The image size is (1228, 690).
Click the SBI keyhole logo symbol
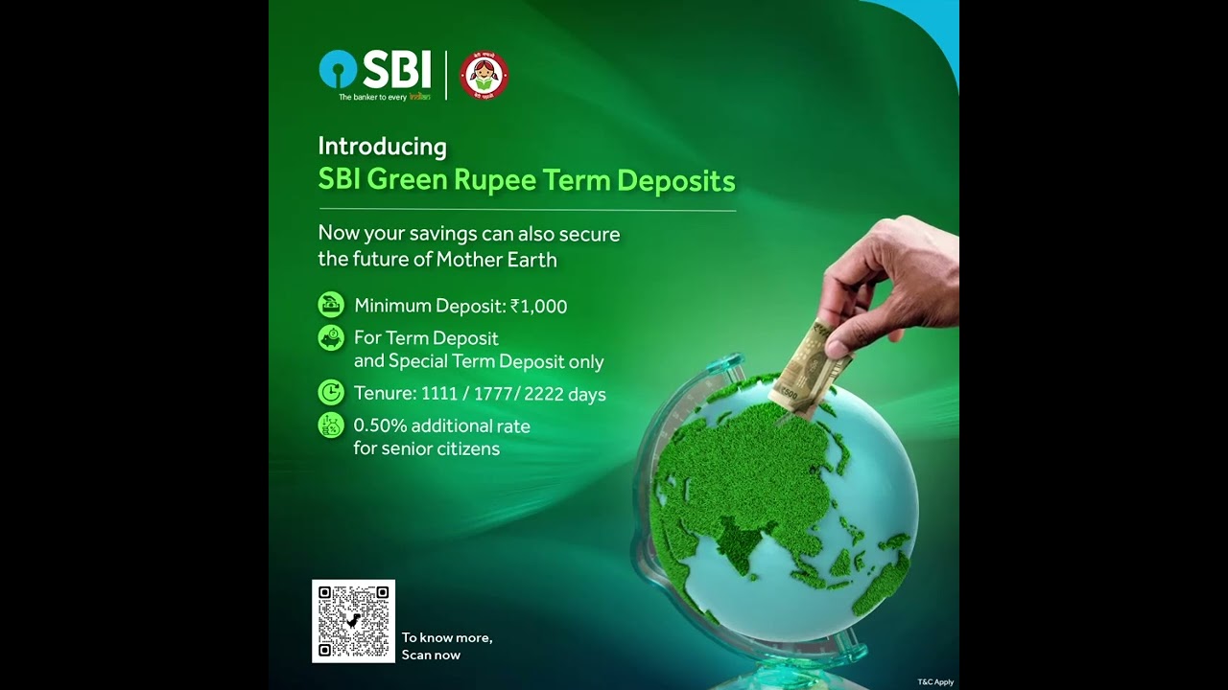pyautogui.click(x=338, y=70)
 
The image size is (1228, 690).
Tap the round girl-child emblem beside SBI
pyautogui.click(x=484, y=76)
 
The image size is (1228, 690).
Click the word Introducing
pyautogui.click(x=382, y=147)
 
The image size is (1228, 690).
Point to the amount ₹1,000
pyautogui.click(x=538, y=307)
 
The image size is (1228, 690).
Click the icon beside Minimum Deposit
pyautogui.click(x=331, y=305)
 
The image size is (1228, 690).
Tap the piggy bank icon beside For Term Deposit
pyautogui.click(x=331, y=338)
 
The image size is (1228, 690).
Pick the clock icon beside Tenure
pyautogui.click(x=331, y=392)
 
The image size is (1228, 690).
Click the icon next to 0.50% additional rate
pyautogui.click(x=331, y=425)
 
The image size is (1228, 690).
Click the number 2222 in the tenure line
pyautogui.click(x=544, y=394)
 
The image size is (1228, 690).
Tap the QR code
pyautogui.click(x=353, y=621)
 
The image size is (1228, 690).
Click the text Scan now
pyautogui.click(x=431, y=655)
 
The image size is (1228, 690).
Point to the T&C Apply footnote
pyautogui.click(x=935, y=682)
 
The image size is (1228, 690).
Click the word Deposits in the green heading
pyautogui.click(x=675, y=180)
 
